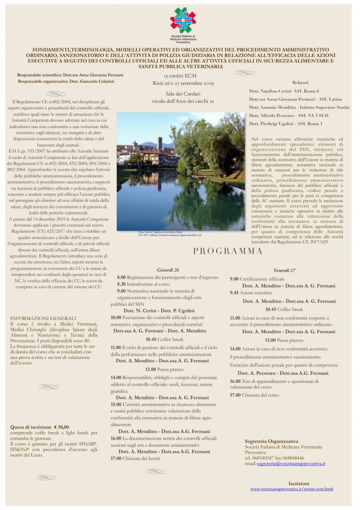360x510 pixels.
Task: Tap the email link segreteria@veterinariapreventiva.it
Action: coord(291,464)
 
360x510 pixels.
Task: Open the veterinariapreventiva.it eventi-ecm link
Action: coord(292,489)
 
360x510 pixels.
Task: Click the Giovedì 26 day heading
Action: coord(168,270)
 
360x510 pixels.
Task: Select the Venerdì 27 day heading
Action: coord(285,271)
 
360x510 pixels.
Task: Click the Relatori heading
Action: coord(300,82)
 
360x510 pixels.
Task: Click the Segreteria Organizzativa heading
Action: coord(271,441)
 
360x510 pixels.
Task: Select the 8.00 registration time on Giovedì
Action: coord(121,277)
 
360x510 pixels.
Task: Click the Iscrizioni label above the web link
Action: coord(299,483)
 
